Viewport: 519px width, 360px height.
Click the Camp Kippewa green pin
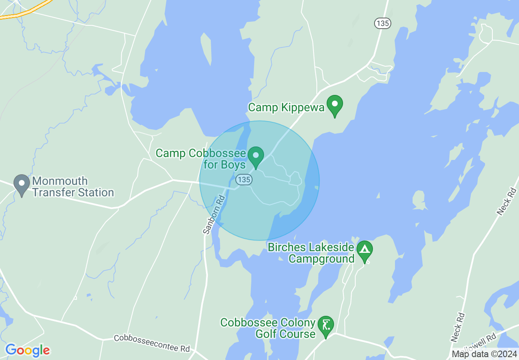[x=335, y=104]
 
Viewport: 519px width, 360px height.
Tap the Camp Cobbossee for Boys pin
[x=256, y=156]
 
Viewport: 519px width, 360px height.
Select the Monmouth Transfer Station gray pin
[x=21, y=184]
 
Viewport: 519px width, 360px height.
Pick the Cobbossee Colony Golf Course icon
[x=326, y=326]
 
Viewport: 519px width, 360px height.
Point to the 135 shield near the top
[x=382, y=23]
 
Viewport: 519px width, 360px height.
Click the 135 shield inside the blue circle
[x=244, y=180]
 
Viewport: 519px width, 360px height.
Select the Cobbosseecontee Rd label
[x=152, y=343]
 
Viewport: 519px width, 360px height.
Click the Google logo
[x=27, y=350]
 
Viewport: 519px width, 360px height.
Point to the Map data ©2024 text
[x=484, y=354]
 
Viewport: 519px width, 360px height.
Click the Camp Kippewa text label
[x=286, y=108]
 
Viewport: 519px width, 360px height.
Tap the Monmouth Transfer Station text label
[x=73, y=187]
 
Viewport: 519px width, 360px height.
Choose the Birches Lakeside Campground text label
[x=311, y=253]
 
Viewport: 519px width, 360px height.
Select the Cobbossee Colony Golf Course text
[x=268, y=328]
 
